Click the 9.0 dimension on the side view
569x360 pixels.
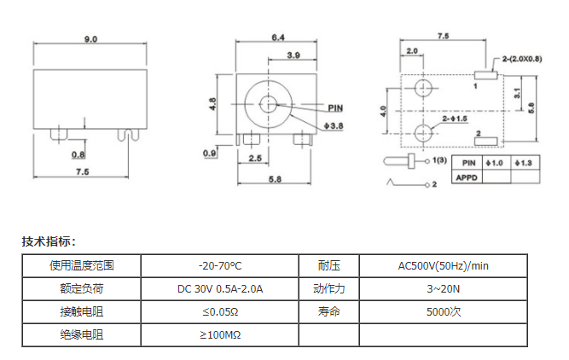[x=90, y=39]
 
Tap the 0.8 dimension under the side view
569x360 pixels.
[x=78, y=154]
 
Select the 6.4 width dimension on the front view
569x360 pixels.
[x=278, y=38]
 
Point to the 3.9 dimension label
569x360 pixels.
[x=293, y=55]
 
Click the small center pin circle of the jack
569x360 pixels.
[x=268, y=105]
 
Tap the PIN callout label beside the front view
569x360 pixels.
[x=335, y=107]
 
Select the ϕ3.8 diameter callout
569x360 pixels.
[x=334, y=125]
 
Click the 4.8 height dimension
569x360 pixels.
[x=212, y=104]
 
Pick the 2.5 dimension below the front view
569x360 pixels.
[x=255, y=158]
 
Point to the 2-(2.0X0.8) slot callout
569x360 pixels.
[x=522, y=59]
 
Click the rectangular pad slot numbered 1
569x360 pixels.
[x=485, y=75]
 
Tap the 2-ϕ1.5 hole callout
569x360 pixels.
[x=455, y=119]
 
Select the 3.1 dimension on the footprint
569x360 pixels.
[x=517, y=93]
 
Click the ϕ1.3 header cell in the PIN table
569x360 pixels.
[x=525, y=163]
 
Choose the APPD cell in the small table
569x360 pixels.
[x=467, y=177]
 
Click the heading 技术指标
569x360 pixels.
[x=49, y=241]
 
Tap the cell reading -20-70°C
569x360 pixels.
[x=220, y=266]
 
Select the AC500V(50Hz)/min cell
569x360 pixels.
[x=443, y=266]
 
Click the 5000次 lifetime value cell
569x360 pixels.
[x=443, y=311]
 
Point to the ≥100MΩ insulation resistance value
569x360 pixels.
[x=220, y=334]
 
